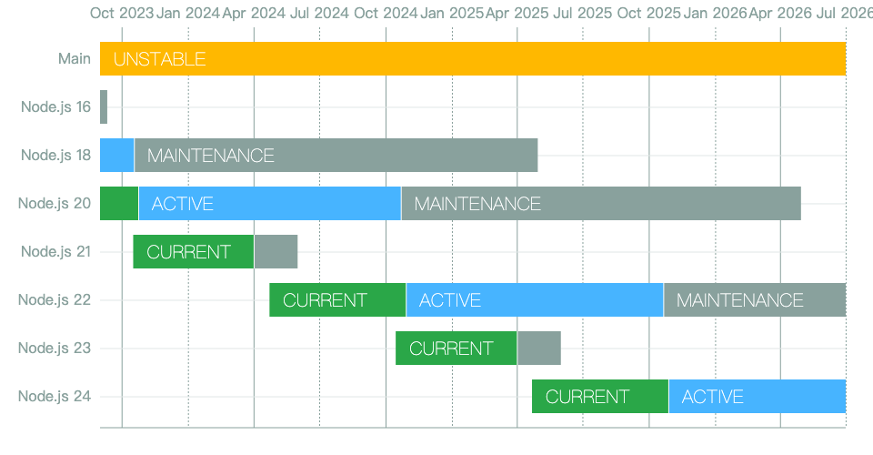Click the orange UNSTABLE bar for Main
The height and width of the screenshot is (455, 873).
click(473, 58)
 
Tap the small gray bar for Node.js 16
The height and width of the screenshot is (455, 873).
click(104, 107)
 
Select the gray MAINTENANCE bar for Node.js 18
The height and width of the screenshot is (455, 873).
click(336, 156)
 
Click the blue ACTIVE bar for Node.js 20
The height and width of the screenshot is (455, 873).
click(270, 203)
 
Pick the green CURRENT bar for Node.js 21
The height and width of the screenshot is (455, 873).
click(193, 252)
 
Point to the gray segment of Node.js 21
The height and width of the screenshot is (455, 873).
click(276, 252)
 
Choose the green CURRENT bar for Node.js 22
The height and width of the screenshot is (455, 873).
click(337, 300)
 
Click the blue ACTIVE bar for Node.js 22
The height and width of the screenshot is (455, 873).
click(535, 300)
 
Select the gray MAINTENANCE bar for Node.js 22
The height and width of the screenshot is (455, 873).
click(755, 300)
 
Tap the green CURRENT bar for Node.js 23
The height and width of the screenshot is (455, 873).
click(456, 348)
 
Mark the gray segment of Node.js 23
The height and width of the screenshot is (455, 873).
click(539, 348)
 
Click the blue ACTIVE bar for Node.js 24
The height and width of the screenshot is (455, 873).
click(758, 397)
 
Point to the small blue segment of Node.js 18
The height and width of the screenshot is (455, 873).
click(117, 156)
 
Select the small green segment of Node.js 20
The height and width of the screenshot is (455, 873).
click(119, 203)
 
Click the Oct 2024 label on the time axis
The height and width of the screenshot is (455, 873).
click(386, 13)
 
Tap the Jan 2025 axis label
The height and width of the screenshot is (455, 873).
click(452, 13)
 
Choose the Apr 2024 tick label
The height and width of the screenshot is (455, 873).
click(254, 13)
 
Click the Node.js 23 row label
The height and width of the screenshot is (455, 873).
click(55, 348)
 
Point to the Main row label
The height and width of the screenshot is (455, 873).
click(74, 58)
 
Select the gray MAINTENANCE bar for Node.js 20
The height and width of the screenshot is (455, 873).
click(601, 203)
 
